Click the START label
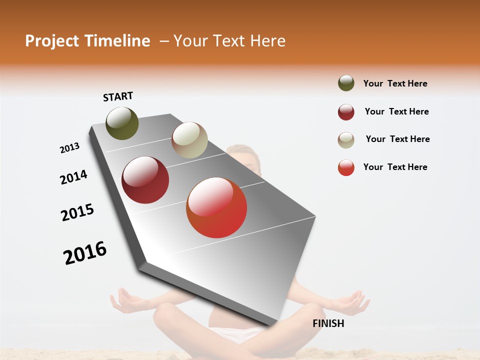pos(118,96)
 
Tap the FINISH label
pos(328,323)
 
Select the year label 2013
pos(69,147)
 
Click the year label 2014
pos(73,177)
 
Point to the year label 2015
pos(77,212)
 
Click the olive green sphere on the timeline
pos(122,123)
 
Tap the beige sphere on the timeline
pos(189,140)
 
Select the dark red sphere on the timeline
pos(145,180)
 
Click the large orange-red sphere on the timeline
pos(216,207)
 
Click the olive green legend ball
pos(346,83)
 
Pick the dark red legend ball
pos(346,112)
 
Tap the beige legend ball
pos(346,140)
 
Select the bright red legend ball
pos(346,167)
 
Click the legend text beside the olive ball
pos(395,83)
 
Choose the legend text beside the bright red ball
pos(395,167)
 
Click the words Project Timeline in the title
pos(87,41)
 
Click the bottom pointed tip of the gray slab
pos(270,326)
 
